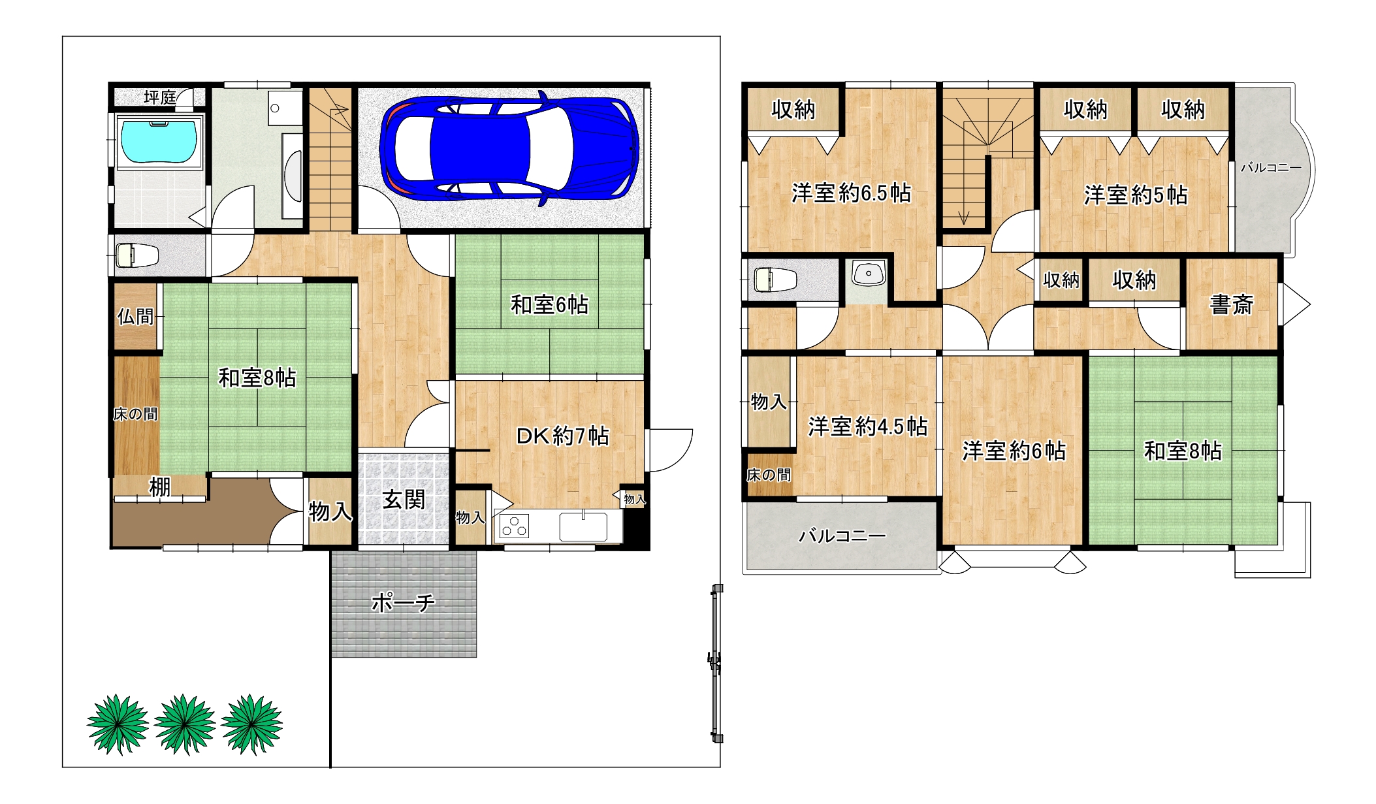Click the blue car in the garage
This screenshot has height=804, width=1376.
click(509, 148)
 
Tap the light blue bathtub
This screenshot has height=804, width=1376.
click(159, 141)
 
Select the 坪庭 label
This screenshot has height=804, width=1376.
click(160, 97)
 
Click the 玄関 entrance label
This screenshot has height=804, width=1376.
click(404, 500)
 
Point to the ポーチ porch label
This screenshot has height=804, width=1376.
click(403, 602)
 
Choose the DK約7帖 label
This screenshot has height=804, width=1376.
click(562, 436)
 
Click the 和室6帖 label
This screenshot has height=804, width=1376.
click(549, 304)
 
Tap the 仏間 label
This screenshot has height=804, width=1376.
click(135, 317)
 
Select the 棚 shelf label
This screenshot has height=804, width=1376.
click(160, 487)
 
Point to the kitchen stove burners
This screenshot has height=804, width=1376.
click(514, 526)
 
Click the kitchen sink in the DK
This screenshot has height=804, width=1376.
click(583, 526)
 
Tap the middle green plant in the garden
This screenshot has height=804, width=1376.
click(185, 724)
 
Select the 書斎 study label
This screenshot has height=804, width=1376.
click(1231, 304)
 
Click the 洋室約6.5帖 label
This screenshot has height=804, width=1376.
click(851, 193)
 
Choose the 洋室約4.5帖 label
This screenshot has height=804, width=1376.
click(868, 426)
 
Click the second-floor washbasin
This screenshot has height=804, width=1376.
click(869, 273)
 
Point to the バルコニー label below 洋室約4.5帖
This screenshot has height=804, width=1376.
click(842, 536)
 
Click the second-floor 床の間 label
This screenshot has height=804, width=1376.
click(769, 475)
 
